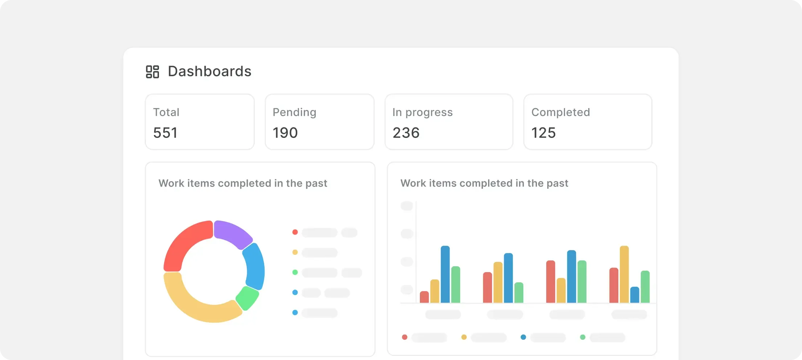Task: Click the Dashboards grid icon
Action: pos(152,72)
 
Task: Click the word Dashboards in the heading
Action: pos(209,71)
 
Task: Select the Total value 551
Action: pos(165,133)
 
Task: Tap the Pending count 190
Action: pos(285,133)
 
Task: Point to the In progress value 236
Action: pos(406,133)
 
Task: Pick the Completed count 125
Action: pos(544,133)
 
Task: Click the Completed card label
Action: pos(561,112)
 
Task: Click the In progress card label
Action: pos(422,112)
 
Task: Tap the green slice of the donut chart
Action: pos(247,298)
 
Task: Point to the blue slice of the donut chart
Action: pos(255,267)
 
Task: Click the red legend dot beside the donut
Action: pos(295,232)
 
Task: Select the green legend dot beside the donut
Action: pos(295,272)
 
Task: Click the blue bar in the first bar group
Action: pos(445,274)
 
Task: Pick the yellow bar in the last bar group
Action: pos(624,274)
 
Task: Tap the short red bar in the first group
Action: pos(424,297)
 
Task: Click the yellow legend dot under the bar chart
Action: pos(464,337)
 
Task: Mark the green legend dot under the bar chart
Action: pos(583,337)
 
